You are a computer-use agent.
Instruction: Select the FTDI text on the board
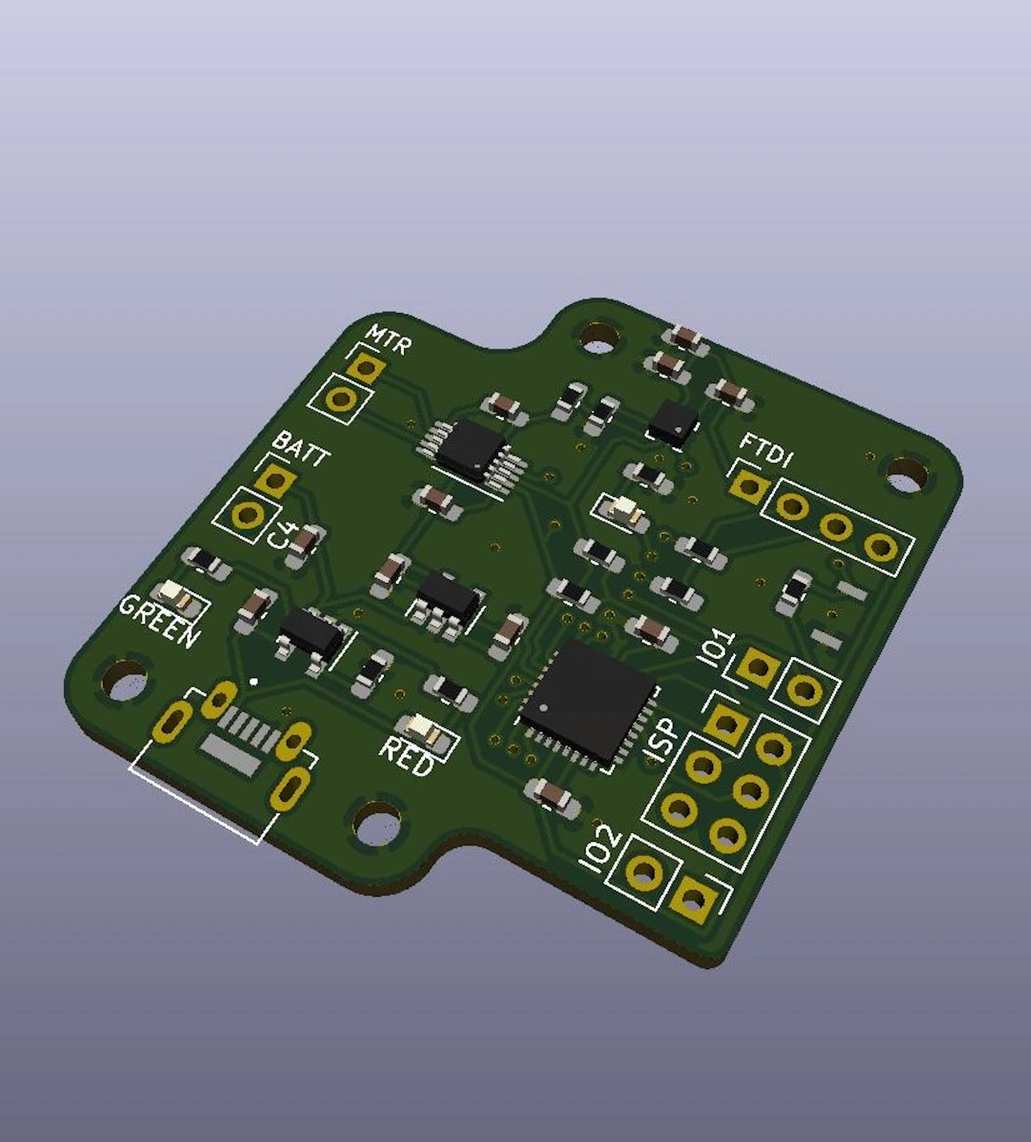(x=766, y=450)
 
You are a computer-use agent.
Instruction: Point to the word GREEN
(x=159, y=622)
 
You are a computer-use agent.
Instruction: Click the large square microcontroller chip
(x=586, y=705)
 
